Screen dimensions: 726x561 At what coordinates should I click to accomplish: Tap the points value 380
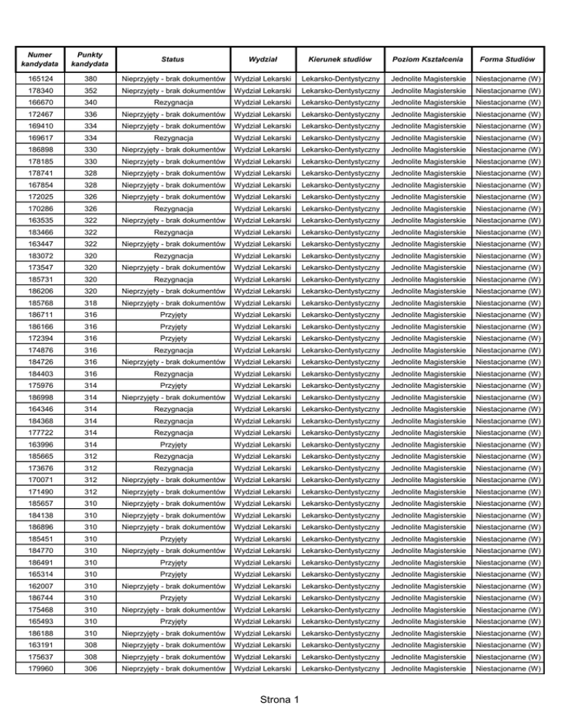click(x=92, y=78)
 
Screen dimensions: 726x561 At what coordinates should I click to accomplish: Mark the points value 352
click(x=92, y=91)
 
